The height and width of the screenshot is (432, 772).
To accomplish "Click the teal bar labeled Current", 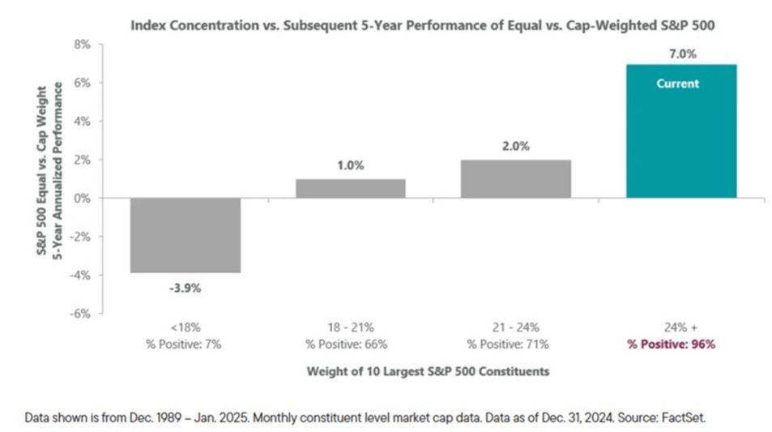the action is click(681, 131).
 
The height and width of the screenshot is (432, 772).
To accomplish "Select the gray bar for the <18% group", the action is click(186, 235).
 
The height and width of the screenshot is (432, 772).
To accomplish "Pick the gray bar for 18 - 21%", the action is click(351, 189).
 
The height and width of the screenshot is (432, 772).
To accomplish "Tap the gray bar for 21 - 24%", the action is click(516, 179).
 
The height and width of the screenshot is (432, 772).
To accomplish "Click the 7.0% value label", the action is click(682, 54).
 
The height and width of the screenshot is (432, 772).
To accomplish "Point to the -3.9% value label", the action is click(186, 289).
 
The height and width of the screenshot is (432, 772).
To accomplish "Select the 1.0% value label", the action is click(351, 165).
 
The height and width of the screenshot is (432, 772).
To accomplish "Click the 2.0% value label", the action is click(516, 147).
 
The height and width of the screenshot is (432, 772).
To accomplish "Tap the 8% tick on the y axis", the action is click(82, 45).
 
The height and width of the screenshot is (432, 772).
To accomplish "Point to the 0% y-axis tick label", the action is click(82, 199).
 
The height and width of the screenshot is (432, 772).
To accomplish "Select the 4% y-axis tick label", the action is click(82, 122).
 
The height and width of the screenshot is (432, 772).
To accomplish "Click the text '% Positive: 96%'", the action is click(671, 344).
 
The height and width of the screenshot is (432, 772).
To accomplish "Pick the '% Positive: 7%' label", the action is click(183, 344).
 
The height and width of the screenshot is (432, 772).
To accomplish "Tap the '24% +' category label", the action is click(680, 327).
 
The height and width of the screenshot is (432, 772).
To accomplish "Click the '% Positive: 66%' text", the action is click(346, 344).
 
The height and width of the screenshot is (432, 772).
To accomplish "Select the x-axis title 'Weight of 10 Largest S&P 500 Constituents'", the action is click(428, 371).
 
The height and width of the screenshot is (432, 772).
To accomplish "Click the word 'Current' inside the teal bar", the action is click(677, 83).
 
